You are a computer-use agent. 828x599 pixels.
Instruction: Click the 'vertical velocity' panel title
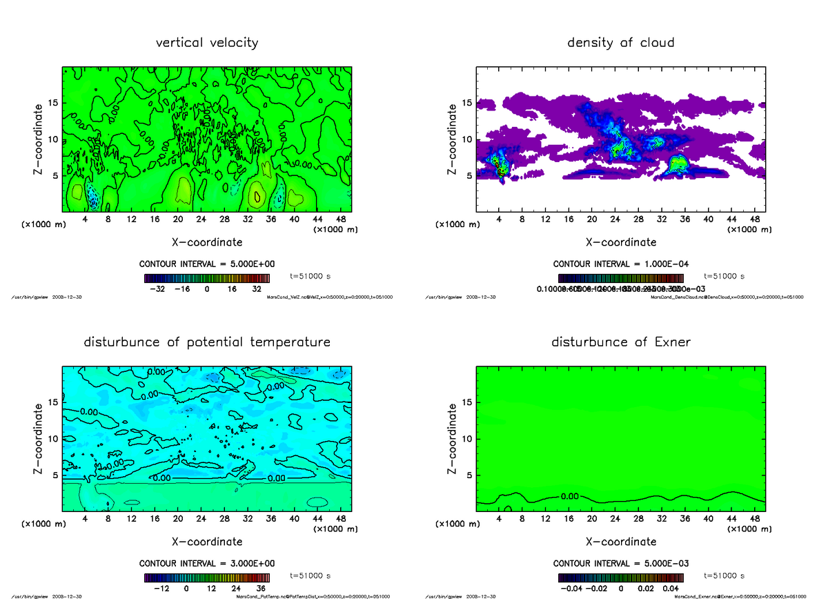pos(207,43)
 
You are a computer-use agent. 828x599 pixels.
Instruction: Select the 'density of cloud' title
pos(620,43)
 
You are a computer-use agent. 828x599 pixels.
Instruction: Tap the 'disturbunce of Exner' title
pos(620,342)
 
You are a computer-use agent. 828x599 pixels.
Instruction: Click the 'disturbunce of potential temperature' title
pos(207,342)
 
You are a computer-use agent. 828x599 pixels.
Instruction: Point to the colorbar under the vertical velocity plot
pos(207,278)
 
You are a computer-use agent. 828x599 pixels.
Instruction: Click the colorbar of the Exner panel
pos(621,578)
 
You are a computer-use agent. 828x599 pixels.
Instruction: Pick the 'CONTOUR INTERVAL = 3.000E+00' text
pos(207,563)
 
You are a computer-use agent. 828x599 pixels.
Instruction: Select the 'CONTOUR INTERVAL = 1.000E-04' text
pos(621,264)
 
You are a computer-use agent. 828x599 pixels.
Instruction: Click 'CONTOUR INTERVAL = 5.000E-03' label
pos(621,563)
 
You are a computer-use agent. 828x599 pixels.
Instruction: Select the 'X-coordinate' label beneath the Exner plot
pos(621,542)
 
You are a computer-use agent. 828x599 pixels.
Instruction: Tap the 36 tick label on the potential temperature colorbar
pos(260,589)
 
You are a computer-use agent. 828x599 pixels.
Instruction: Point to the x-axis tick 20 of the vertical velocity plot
pos(178,219)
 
